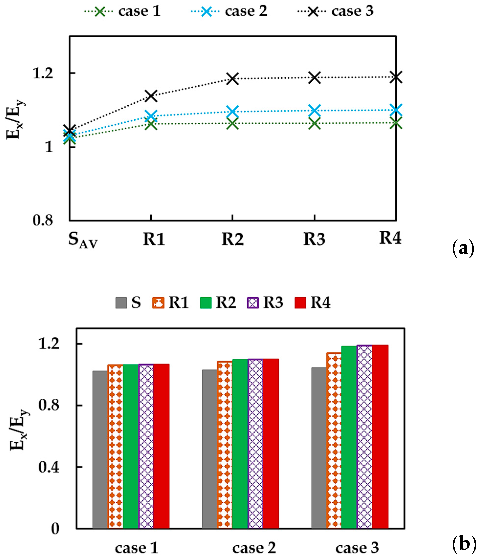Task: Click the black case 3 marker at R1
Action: click(151, 96)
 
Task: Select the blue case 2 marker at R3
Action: click(314, 110)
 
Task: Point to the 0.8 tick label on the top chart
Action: click(43, 220)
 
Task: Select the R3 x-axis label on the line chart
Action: click(314, 239)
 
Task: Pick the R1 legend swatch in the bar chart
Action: click(158, 303)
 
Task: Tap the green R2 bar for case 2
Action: click(240, 443)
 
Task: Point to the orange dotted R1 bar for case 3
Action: click(334, 441)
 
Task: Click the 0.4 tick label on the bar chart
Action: click(49, 467)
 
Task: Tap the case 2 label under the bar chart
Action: click(254, 548)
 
